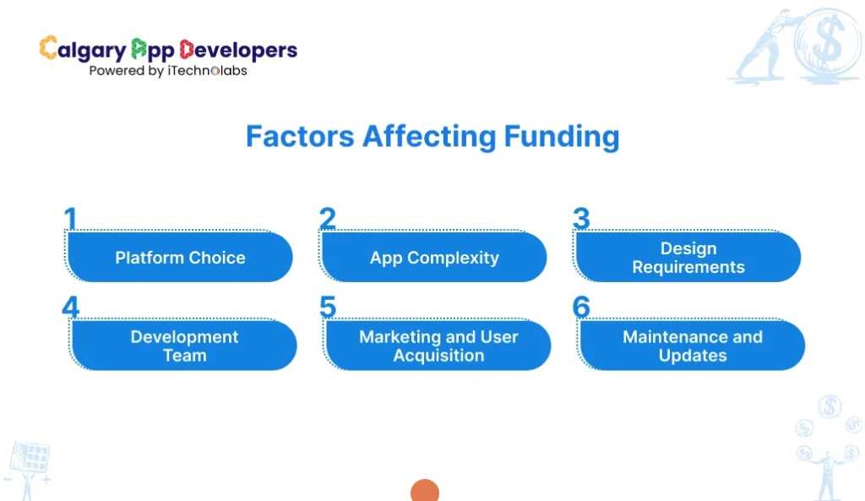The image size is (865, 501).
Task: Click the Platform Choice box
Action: (180, 258)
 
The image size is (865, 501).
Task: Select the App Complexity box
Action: (434, 258)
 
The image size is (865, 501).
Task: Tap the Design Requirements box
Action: (688, 258)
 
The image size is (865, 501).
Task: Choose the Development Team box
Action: (184, 346)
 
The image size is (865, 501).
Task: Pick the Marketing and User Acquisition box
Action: (438, 346)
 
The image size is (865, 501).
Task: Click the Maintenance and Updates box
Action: (693, 346)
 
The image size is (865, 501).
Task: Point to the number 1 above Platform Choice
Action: (71, 219)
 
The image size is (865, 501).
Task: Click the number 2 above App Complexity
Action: (328, 219)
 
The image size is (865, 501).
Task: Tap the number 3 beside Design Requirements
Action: (581, 219)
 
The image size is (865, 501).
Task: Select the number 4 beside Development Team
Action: (71, 307)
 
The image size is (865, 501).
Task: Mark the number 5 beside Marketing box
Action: (328, 307)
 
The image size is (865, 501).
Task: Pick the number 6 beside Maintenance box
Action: (581, 307)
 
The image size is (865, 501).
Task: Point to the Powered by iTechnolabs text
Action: (168, 71)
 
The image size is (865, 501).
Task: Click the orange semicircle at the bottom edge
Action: (424, 492)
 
